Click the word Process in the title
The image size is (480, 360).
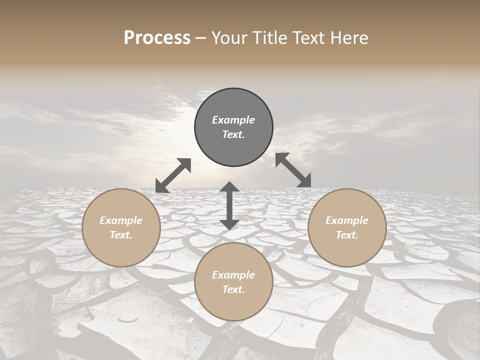pyautogui.click(x=157, y=38)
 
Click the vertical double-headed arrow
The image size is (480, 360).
pyautogui.click(x=229, y=206)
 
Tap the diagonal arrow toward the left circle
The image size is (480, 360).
pyautogui.click(x=173, y=175)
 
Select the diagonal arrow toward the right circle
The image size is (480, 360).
pyautogui.click(x=293, y=170)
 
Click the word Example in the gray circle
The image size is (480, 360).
pyautogui.click(x=233, y=120)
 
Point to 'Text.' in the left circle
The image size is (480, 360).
pyautogui.click(x=121, y=235)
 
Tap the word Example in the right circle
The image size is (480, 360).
pyautogui.click(x=347, y=220)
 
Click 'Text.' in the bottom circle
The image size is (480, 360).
pyautogui.click(x=233, y=289)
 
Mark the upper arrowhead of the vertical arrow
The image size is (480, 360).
pyautogui.click(x=229, y=187)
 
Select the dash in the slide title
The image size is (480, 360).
pyautogui.click(x=200, y=38)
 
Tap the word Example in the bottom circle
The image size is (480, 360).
pyautogui.click(x=233, y=275)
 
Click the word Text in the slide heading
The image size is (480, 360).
pyautogui.click(x=310, y=38)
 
